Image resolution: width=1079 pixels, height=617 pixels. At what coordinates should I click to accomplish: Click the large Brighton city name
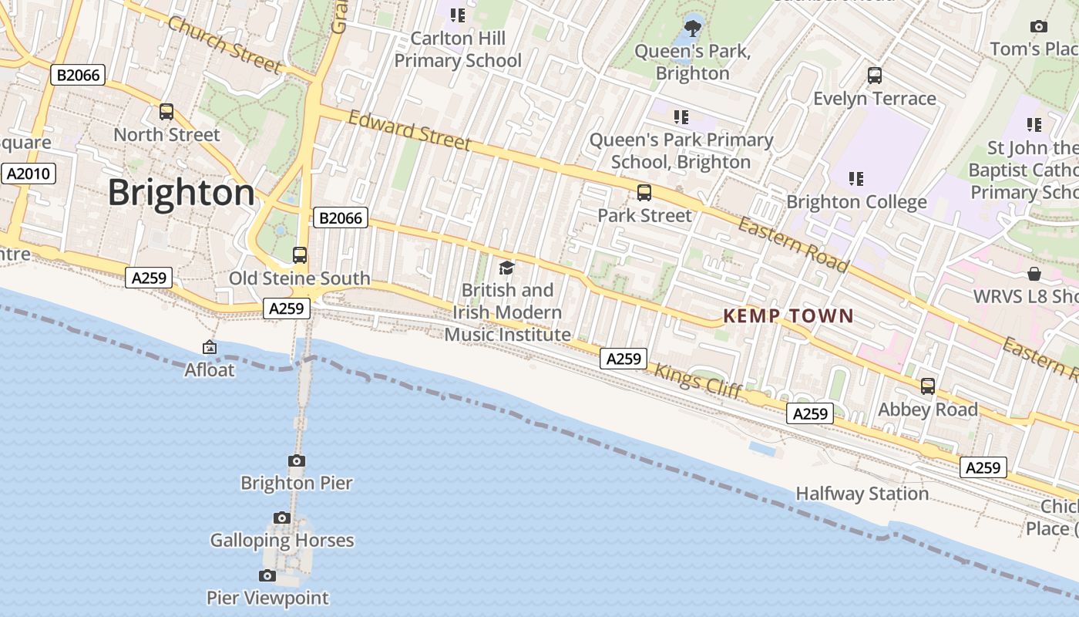[x=181, y=192]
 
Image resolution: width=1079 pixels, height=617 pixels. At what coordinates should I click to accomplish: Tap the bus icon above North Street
[x=166, y=112]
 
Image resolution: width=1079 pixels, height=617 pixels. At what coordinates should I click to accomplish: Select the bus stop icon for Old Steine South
[x=300, y=255]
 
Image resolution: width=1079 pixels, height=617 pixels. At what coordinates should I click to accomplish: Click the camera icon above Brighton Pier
[x=296, y=461]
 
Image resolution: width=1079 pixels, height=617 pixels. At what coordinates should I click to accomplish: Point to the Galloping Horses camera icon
[x=282, y=518]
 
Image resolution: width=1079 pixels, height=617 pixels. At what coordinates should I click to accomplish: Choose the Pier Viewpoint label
[x=267, y=598]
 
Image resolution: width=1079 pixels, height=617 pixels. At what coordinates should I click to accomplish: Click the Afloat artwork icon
[x=209, y=348]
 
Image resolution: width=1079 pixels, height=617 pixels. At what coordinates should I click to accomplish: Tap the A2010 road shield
[x=29, y=174]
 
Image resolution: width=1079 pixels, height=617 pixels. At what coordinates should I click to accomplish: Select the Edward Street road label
[x=409, y=130]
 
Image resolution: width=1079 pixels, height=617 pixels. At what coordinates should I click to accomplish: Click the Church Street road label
[x=224, y=46]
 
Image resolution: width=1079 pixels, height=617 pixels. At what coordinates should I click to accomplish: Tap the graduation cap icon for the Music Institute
[x=506, y=268]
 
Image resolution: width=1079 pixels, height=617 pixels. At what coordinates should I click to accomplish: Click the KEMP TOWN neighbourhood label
[x=788, y=315]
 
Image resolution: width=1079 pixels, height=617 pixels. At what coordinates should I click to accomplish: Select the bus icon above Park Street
[x=644, y=193]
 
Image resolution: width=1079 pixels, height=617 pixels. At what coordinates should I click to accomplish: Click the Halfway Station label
[x=862, y=494]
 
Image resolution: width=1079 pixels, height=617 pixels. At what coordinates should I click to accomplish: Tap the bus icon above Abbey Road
[x=928, y=386]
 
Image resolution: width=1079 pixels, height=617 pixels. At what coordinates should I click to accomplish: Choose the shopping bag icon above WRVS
[x=1034, y=275]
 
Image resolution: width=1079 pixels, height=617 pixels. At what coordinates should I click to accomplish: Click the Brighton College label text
[x=856, y=202]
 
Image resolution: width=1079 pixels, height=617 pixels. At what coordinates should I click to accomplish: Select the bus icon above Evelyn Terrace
[x=875, y=76]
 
